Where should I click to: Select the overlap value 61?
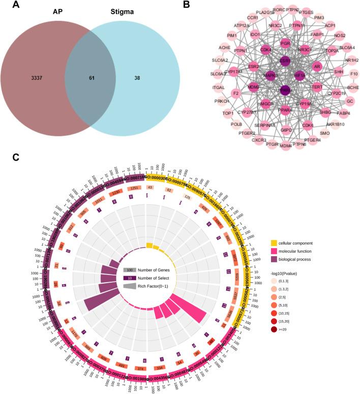pos(91,79)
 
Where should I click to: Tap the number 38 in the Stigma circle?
pos(137,79)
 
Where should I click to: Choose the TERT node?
pos(317,87)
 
